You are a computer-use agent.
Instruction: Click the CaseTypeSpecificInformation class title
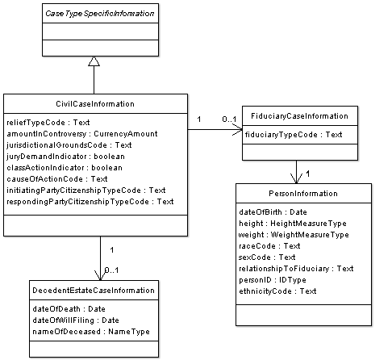pos(100,14)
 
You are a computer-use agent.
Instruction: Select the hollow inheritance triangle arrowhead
pos(94,61)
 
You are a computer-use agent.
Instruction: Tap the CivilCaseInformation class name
pos(95,104)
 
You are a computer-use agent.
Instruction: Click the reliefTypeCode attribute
pos(48,123)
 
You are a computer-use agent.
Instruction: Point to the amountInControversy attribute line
pos(82,134)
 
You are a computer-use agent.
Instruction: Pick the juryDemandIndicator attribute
pos(65,157)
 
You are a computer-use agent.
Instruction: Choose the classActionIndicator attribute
pos(65,168)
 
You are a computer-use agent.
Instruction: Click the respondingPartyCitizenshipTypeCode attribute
pos(90,202)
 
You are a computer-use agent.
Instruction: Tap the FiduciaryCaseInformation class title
pos(299,116)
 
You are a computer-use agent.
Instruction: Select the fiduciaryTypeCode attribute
pos(294,135)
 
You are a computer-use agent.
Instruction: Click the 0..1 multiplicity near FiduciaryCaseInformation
pos(229,119)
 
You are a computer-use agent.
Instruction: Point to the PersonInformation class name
pos(303,194)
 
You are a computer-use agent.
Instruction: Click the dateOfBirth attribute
pos(273,212)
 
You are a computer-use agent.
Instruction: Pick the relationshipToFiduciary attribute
pos(296,269)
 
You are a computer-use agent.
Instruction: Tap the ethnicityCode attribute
pos(277,291)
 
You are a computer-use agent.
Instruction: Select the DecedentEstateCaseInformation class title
pos(94,291)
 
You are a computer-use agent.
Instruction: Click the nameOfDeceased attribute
pos(91,332)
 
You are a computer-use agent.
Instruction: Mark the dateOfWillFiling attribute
pos(76,320)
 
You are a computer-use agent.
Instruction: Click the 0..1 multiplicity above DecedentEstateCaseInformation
pos(111,270)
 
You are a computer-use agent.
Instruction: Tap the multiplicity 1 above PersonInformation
pos(308,174)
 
